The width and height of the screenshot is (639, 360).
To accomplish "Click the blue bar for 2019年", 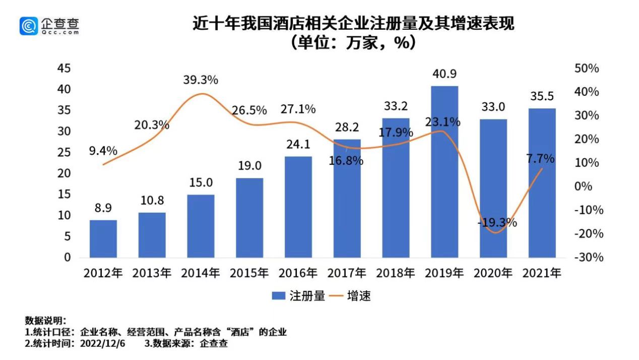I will (444, 171).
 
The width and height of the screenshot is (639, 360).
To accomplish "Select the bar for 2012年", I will (103, 238).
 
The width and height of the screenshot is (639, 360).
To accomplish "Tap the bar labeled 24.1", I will (298, 207).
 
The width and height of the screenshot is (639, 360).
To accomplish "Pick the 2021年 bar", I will (542, 183).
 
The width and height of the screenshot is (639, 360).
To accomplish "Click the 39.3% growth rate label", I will (201, 80).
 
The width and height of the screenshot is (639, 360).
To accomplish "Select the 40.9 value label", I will (444, 74).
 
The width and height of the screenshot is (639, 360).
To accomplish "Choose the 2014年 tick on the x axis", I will (201, 273).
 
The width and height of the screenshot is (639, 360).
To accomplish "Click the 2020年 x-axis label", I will (493, 273).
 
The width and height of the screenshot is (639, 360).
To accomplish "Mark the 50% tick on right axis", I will (587, 69).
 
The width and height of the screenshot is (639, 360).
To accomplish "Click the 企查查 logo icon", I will (29, 26).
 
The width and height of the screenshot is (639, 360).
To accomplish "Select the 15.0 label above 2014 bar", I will (201, 183).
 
